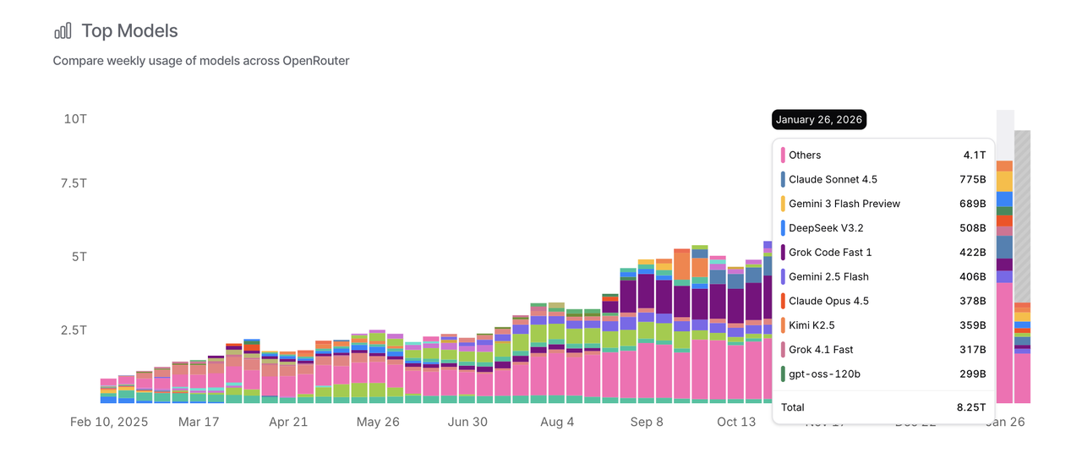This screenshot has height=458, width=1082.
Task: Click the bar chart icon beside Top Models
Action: coord(63,31)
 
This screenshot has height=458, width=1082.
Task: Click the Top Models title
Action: coord(129,31)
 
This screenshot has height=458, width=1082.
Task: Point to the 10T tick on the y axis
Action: coord(75,118)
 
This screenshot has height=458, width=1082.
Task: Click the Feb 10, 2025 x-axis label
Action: coord(108,422)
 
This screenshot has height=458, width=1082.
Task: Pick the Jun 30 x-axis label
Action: coord(467,422)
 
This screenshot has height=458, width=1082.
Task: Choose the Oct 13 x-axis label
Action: coord(735,422)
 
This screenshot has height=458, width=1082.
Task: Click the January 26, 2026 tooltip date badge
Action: coord(818,119)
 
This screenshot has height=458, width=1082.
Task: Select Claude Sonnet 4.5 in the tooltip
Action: coord(833,179)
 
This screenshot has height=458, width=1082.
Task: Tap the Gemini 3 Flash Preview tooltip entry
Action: coord(844,204)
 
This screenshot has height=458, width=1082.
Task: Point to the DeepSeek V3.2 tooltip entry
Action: coord(826,228)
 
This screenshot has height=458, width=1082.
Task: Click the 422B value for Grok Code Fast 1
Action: coord(971,252)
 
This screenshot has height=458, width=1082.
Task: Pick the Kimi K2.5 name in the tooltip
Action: coord(811,325)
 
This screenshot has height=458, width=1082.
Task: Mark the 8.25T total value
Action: coord(970,406)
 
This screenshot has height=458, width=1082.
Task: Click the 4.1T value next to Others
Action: coord(975,155)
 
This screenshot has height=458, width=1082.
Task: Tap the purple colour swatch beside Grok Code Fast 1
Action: coord(784,252)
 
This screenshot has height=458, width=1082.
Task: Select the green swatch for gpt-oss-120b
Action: coord(784,373)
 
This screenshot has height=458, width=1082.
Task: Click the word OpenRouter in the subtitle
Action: coord(316,61)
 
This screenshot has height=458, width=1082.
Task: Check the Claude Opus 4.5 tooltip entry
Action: coord(828,301)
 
